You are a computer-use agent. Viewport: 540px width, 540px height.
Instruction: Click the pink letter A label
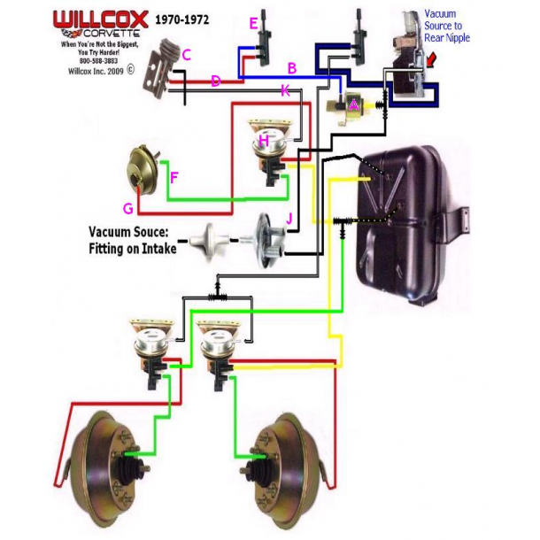353,105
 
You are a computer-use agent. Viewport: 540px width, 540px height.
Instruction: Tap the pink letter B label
291,67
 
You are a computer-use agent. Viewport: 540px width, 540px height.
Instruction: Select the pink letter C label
186,55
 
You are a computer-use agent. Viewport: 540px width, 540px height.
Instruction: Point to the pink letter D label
215,81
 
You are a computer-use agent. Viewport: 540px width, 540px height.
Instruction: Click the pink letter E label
254,23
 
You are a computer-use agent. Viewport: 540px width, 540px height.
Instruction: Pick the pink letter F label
174,177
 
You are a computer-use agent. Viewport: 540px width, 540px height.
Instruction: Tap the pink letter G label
127,209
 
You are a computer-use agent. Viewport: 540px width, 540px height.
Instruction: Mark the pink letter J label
288,218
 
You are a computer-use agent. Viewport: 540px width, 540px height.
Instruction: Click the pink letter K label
284,89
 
